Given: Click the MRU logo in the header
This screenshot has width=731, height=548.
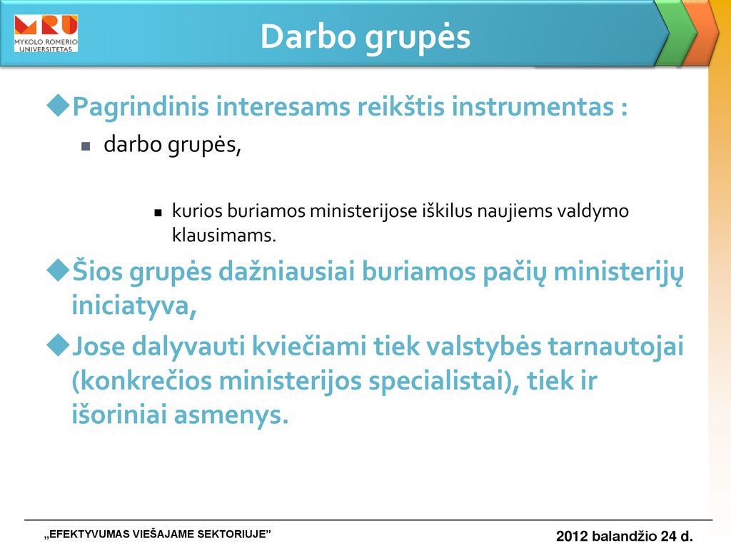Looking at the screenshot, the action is (x=46, y=33).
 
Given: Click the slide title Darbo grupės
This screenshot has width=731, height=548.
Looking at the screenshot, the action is (x=365, y=37).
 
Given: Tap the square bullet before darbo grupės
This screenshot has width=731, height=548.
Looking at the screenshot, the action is (x=86, y=146).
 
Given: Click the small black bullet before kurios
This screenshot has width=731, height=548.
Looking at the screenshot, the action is (x=158, y=213).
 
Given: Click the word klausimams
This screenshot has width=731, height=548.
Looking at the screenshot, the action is (x=223, y=235).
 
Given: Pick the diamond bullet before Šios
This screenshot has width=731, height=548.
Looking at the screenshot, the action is (x=59, y=270).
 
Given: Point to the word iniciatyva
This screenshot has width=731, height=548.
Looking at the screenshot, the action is (x=133, y=306).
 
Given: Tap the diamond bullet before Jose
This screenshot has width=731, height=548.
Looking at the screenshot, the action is (x=59, y=345).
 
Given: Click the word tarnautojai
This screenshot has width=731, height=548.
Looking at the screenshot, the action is (x=615, y=347).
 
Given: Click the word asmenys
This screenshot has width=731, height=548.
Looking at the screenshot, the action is (x=231, y=416).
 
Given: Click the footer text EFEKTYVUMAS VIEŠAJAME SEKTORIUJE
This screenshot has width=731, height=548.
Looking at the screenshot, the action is (x=158, y=534).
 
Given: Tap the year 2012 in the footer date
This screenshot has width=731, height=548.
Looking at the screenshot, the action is (x=572, y=536).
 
